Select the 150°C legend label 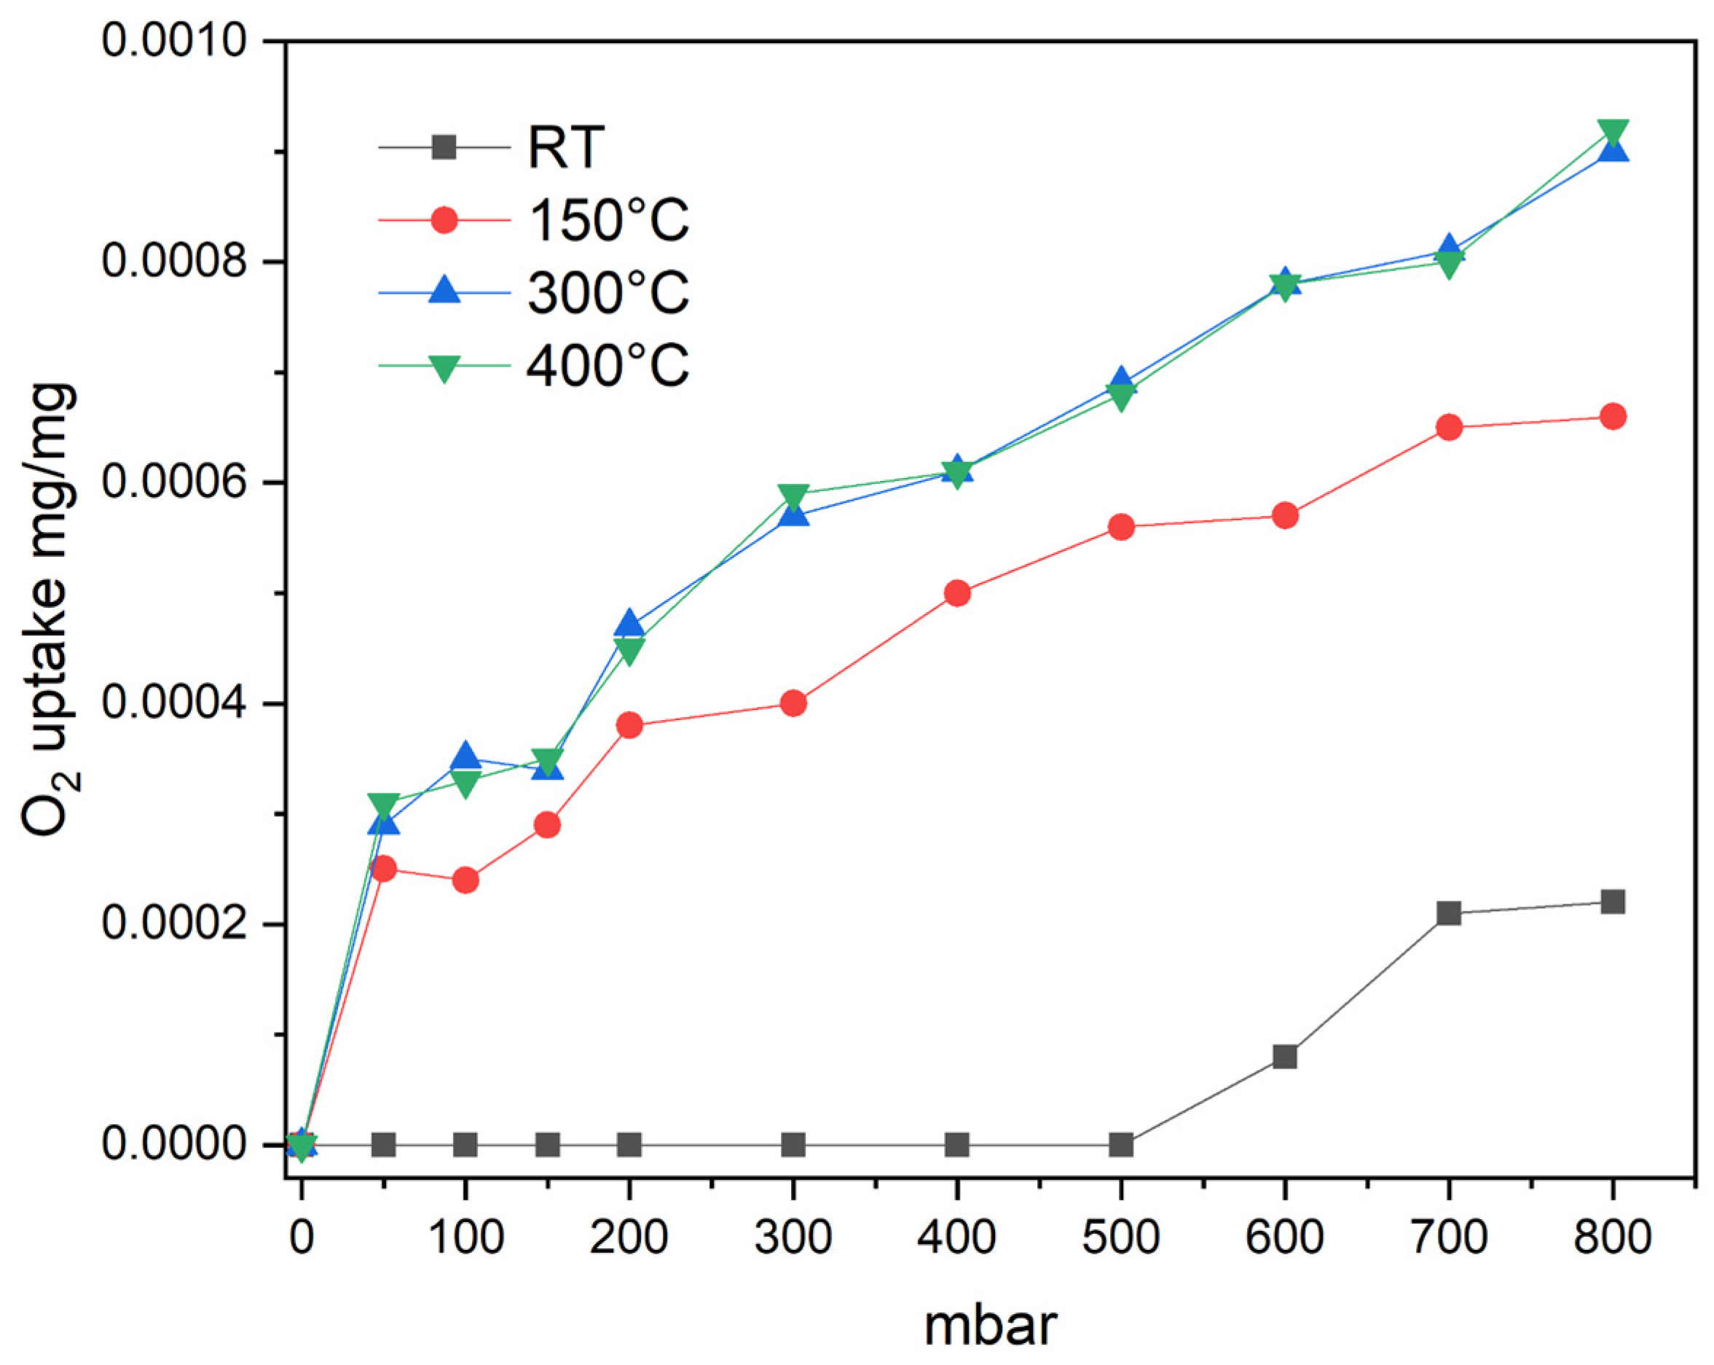click(608, 220)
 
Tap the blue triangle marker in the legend click(444, 290)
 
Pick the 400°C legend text click(608, 366)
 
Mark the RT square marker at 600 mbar click(1285, 1057)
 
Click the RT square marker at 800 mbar click(1612, 902)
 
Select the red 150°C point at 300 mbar click(793, 703)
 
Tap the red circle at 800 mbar click(1612, 416)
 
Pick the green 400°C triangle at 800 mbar click(1612, 131)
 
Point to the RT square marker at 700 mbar click(1448, 913)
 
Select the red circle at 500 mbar click(1121, 527)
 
